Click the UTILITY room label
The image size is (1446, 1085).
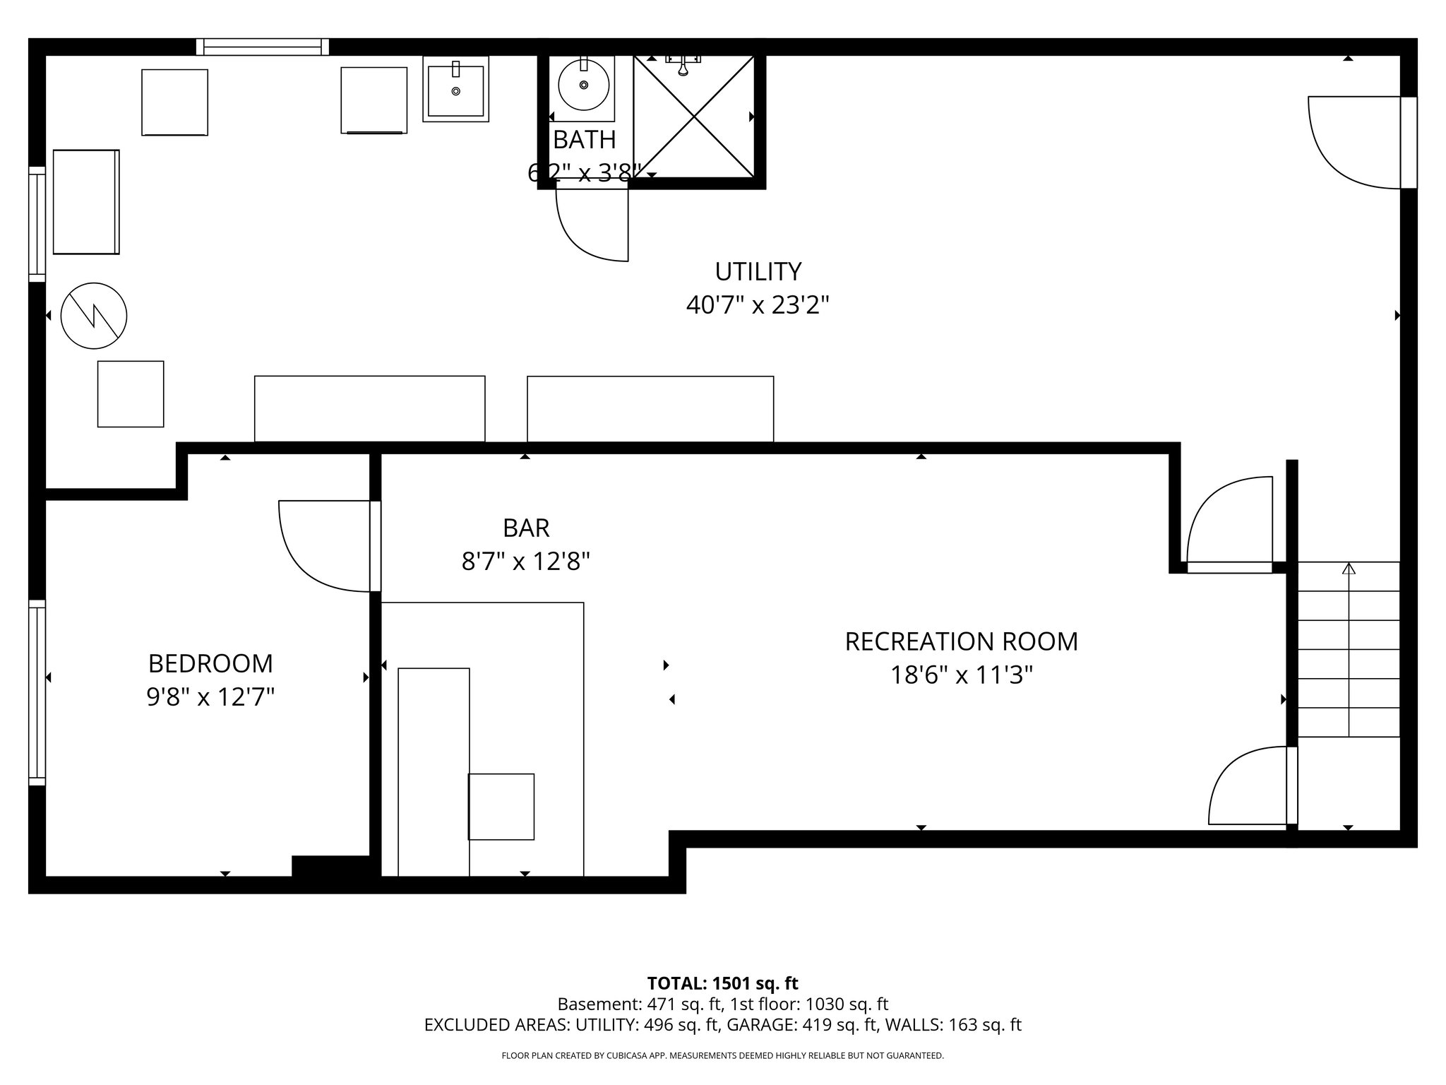point(758,272)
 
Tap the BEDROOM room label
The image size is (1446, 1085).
point(210,664)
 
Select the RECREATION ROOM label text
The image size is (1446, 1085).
point(961,642)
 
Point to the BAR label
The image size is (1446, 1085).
point(526,528)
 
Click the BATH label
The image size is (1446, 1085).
point(584,141)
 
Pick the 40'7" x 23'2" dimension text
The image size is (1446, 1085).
point(758,306)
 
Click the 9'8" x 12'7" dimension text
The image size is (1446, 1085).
point(210,698)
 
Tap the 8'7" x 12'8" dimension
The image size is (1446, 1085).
point(526,562)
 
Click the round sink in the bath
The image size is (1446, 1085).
point(583,85)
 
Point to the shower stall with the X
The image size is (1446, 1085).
point(694,117)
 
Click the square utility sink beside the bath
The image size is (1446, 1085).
point(455,90)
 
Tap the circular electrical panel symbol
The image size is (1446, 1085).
point(94,316)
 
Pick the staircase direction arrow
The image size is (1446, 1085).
point(1349,569)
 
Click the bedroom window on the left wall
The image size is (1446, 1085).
point(37,692)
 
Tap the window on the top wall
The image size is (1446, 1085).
point(263,47)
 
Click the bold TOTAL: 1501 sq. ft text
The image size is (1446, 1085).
point(722,983)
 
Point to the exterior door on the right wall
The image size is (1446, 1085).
point(1408,143)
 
